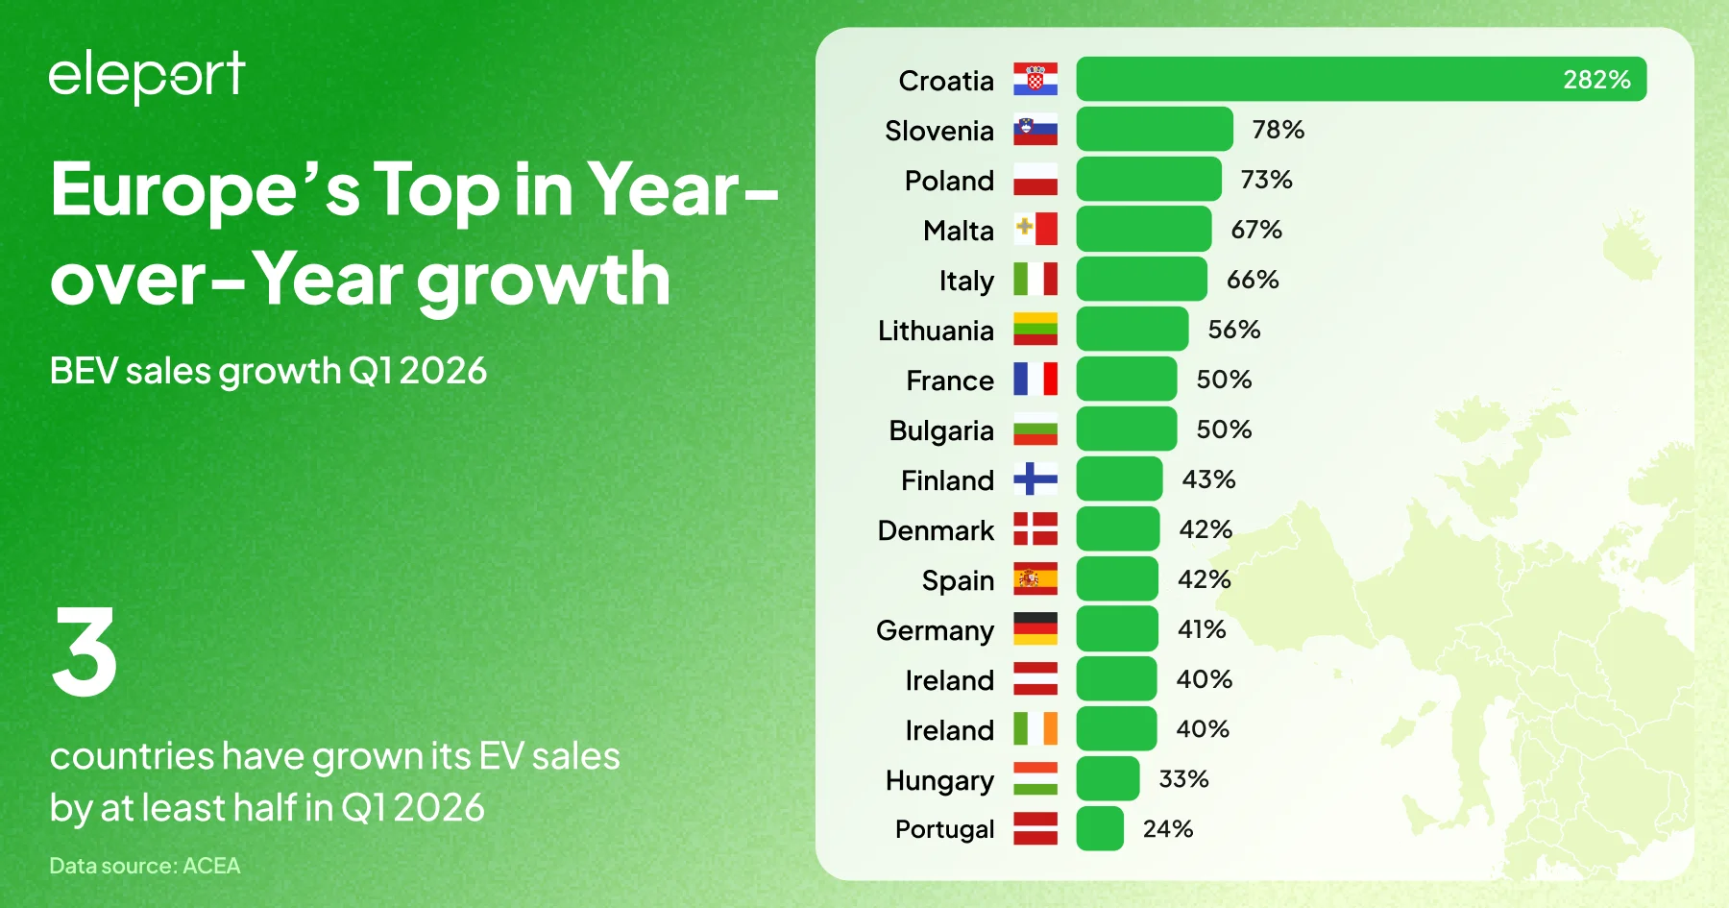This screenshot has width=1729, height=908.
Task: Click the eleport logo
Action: coord(147,76)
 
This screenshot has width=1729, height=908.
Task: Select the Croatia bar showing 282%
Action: coord(1360,79)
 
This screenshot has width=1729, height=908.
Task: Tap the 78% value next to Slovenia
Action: coord(1278,130)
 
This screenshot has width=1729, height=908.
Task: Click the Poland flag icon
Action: coord(1035,180)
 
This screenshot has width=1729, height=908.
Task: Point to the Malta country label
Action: coord(958,231)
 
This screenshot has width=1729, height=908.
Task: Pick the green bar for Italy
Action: coord(1141,280)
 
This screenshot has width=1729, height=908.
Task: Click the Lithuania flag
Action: coord(1035,330)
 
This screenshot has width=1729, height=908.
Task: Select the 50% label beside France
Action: coord(1224,380)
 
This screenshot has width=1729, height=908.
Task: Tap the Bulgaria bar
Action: coord(1126,429)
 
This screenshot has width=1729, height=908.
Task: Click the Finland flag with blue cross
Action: coord(1035,479)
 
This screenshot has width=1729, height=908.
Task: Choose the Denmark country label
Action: coord(936,530)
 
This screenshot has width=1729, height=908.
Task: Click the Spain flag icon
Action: coord(1035,579)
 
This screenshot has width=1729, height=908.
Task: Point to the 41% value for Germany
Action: coord(1202,629)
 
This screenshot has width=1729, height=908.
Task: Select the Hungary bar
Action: coord(1108,779)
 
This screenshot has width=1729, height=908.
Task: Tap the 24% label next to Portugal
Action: coord(1168,829)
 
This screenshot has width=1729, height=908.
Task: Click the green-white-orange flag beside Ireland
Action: coord(1035,729)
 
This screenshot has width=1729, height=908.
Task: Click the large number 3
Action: coord(85,652)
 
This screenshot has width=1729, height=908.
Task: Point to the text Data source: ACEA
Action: coord(145,866)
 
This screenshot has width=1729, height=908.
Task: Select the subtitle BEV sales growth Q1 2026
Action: coord(268,371)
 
